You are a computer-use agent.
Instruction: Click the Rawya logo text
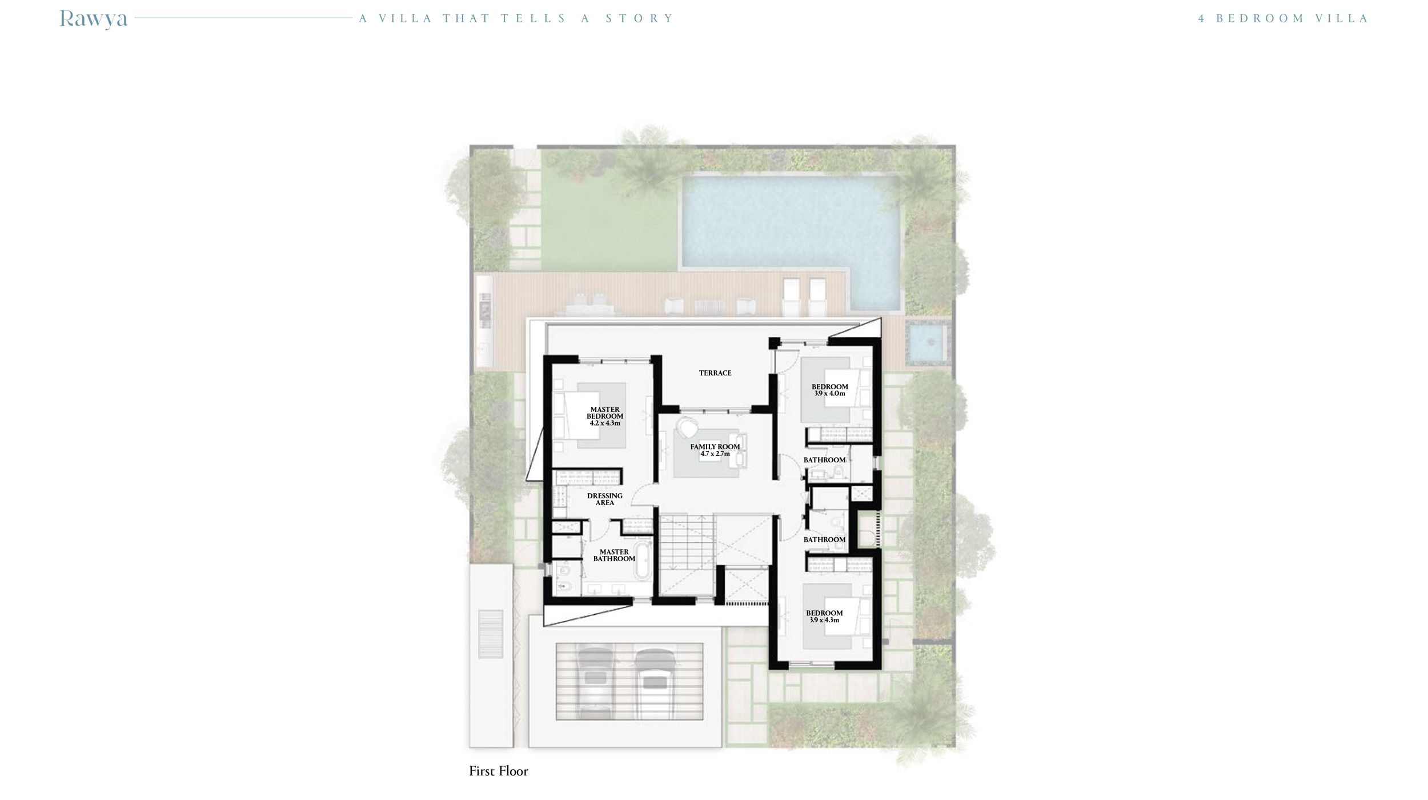click(94, 19)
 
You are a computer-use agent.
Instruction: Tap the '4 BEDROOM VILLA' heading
click(1283, 18)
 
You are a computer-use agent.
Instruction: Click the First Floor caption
click(498, 771)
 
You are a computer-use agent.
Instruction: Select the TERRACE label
click(715, 373)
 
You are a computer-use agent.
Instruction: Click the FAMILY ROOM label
click(715, 447)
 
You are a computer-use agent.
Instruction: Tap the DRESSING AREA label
click(605, 499)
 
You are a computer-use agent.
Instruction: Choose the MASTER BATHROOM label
click(614, 555)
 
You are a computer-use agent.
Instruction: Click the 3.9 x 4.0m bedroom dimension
click(829, 394)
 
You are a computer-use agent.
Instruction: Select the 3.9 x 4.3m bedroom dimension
click(824, 620)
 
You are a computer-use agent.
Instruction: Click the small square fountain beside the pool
click(928, 342)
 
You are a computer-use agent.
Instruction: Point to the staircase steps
click(686, 540)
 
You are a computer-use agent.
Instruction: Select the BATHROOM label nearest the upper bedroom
click(824, 460)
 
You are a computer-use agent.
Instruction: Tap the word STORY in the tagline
click(640, 18)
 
